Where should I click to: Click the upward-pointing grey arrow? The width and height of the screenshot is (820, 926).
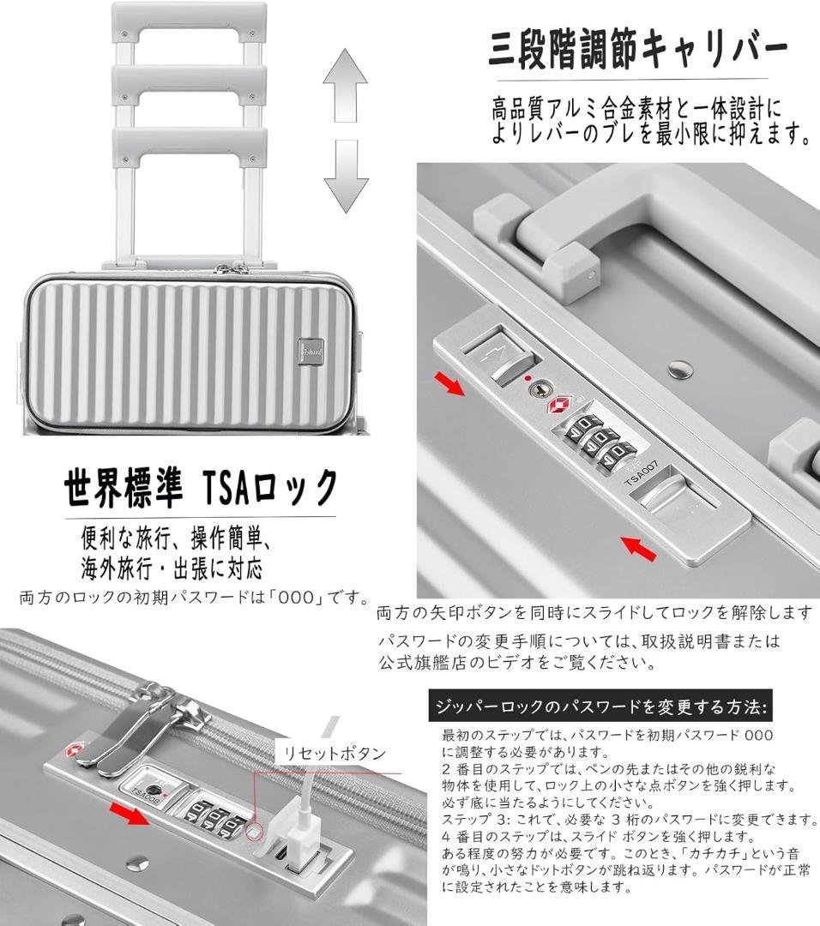[345, 87]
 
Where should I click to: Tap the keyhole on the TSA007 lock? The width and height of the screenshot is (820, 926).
[538, 391]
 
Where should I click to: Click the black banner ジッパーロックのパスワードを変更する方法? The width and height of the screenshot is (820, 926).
[600, 707]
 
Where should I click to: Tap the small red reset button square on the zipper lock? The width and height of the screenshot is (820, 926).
[253, 830]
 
